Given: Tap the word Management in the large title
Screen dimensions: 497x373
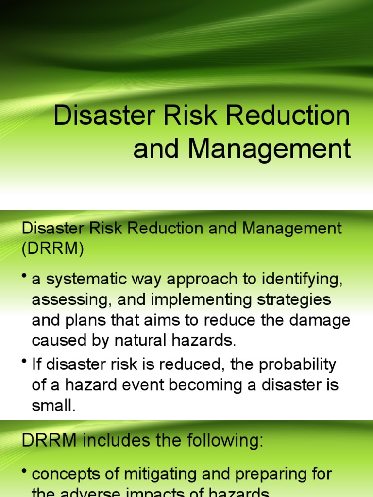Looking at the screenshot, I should point(270,149).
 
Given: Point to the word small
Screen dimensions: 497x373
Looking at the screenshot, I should point(53,405).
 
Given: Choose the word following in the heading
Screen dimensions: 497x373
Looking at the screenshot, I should point(220,440).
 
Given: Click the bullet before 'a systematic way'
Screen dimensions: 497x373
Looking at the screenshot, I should point(24,277).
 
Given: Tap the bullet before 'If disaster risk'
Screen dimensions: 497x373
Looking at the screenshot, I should point(24,362).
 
